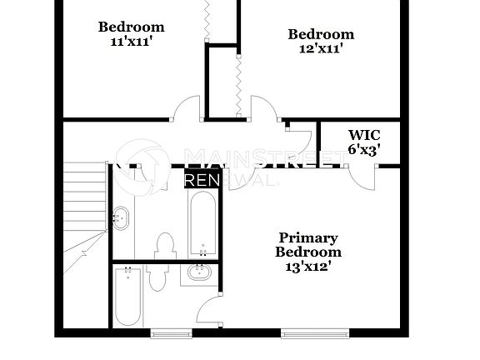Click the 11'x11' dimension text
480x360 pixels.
click(x=131, y=41)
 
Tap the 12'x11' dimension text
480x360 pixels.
click(x=321, y=48)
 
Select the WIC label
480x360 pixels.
click(x=364, y=135)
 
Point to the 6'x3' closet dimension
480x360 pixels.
click(x=364, y=150)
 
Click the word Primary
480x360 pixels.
click(x=308, y=237)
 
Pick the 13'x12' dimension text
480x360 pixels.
click(x=308, y=267)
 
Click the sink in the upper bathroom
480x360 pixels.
click(x=122, y=219)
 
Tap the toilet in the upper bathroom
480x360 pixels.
click(x=164, y=245)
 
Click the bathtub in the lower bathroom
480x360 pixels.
click(x=127, y=296)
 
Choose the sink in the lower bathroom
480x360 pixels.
click(x=199, y=272)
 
